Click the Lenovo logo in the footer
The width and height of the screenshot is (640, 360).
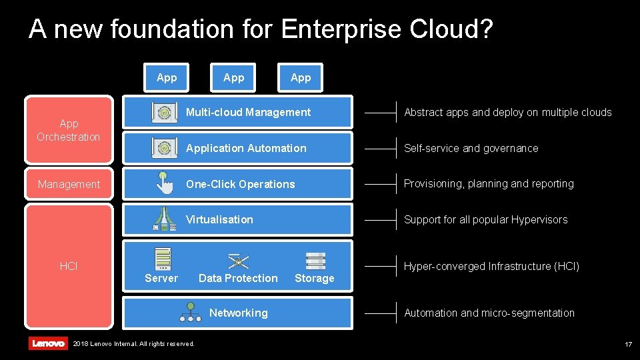pos(48,343)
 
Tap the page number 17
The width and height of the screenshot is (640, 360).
pos(628,344)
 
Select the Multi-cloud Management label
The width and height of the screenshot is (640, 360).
pos(248,112)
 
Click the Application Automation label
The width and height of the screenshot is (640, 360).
pos(246,148)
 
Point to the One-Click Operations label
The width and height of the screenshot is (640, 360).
pos(240,184)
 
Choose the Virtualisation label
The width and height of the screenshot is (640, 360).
pos(219,219)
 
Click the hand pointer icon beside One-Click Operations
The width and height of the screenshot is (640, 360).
pos(164,183)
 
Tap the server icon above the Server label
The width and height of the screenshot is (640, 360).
pos(163,259)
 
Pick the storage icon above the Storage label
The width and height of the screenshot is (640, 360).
pos(315,261)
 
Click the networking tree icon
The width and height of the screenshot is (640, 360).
pos(190,312)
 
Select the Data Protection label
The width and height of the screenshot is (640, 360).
pos(238,278)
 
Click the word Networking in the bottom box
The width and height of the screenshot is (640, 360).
pos(238,313)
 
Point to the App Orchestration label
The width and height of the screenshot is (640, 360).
pos(68,130)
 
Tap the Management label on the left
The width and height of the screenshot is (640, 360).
pos(69,184)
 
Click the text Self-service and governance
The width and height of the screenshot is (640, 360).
pos(471,148)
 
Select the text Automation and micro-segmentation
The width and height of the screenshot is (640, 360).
pos(489,313)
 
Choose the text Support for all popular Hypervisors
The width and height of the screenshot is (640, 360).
pos(485,219)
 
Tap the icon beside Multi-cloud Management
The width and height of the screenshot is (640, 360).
pos(164,112)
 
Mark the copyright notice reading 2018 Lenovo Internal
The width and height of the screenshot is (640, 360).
pos(133,344)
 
